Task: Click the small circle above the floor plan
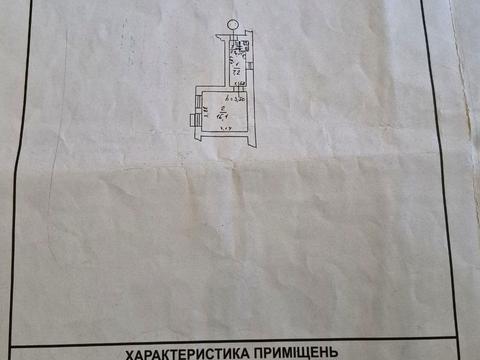coord(232,27)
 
